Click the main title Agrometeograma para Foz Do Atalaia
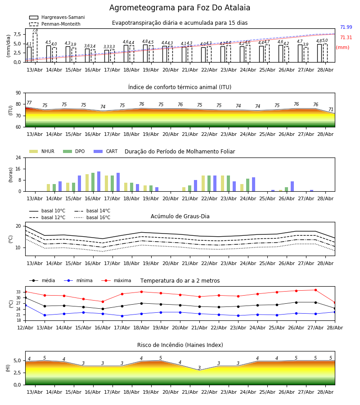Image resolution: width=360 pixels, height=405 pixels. (180, 8)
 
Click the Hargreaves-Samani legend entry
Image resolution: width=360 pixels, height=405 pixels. (57, 17)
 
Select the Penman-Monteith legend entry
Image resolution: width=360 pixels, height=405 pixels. (55, 24)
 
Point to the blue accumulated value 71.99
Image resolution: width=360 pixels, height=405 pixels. (346, 27)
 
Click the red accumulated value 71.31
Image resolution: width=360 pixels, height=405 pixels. (346, 37)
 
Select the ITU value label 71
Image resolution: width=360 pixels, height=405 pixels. (331, 109)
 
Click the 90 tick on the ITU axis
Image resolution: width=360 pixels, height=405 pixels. (18, 93)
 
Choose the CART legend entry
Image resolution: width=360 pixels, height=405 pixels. (105, 151)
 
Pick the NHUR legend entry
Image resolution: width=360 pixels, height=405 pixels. (42, 151)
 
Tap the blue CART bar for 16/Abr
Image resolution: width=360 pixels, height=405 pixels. (99, 181)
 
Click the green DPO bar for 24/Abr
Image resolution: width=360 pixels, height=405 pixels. (247, 185)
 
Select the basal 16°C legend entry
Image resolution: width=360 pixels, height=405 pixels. (92, 217)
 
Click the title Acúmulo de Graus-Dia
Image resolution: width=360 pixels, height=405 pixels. (180, 216)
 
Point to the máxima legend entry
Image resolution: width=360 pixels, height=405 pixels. (116, 280)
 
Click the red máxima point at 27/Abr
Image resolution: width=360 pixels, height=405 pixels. (315, 290)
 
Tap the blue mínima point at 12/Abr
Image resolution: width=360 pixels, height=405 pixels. (26, 305)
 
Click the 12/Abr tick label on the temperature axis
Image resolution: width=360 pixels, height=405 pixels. (25, 328)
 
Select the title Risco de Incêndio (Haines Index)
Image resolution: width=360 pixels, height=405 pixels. (180, 345)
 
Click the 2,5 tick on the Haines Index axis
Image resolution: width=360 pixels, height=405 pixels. (18, 373)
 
